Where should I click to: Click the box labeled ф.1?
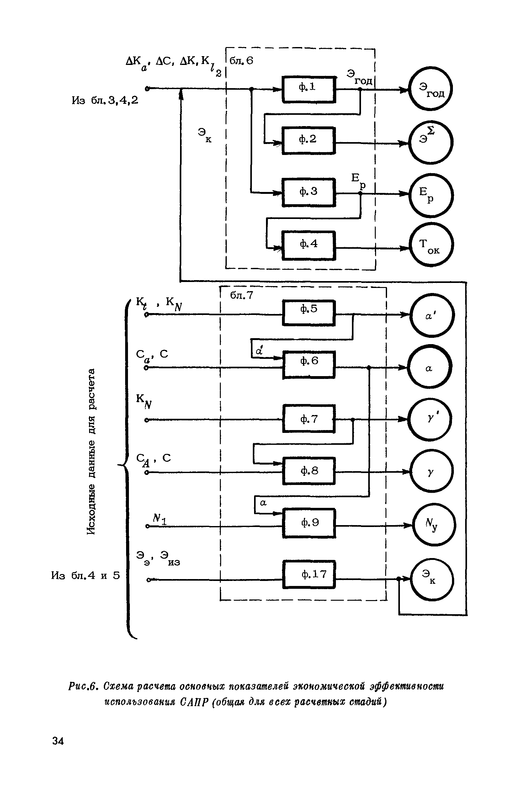[309, 89]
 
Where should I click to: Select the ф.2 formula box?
[309, 141]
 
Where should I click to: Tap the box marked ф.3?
[309, 193]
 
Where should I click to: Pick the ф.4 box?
[309, 245]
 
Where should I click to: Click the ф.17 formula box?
[309, 574]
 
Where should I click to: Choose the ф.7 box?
[309, 419]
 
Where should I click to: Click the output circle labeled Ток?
[431, 245]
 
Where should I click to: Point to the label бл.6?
[242, 61]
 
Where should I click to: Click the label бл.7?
[242, 295]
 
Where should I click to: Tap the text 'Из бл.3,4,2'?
[105, 100]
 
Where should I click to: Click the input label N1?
[159, 519]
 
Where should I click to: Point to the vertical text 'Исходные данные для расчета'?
[91, 451]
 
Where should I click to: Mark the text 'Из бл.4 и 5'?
[86, 576]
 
